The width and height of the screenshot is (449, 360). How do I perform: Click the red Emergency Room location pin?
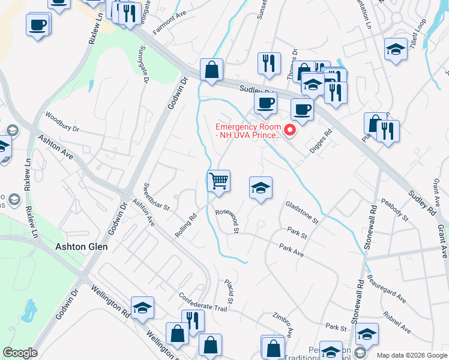point(291,130)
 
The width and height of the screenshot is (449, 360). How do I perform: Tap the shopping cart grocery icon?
point(219,180)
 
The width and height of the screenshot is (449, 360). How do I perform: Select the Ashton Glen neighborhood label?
point(81,247)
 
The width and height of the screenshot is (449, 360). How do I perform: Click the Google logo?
point(20,353)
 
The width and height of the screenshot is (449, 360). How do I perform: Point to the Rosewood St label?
point(228,220)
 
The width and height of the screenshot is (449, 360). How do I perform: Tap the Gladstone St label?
point(302,212)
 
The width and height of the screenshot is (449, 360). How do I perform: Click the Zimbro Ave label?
point(283,324)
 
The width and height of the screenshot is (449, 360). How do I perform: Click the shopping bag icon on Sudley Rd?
point(211,70)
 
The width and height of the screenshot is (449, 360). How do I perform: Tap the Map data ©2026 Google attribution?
point(412,355)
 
